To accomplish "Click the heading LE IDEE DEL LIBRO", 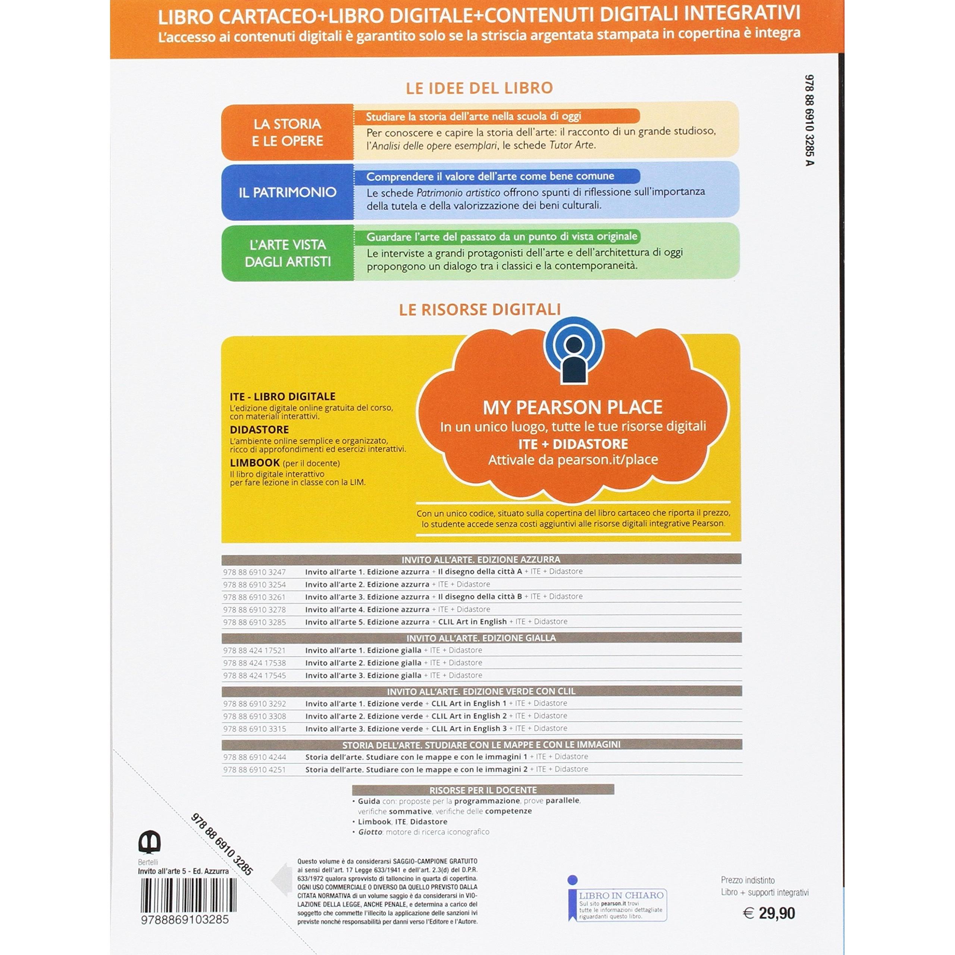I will coord(479,88).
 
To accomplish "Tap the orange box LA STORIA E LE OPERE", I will coord(287,132).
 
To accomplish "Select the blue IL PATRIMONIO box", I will coord(287,192).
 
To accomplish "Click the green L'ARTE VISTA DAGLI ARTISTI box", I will coord(287,253).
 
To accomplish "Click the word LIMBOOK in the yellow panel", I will coord(254,463).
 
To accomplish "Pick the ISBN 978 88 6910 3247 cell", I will coord(254,572).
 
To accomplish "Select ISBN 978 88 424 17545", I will coord(254,675).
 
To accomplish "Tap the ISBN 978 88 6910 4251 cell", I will coord(254,770).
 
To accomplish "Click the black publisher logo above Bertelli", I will coord(149,842).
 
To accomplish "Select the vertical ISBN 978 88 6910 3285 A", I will coord(809,120).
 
